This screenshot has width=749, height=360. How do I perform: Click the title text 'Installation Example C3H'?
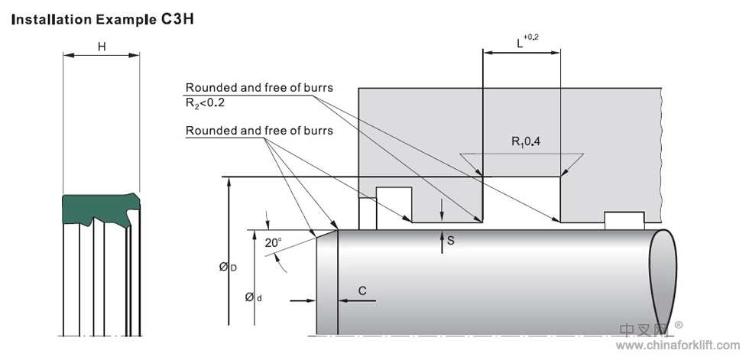point(102,18)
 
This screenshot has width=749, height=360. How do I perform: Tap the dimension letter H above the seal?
point(102,47)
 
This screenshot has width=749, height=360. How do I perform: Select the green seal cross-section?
point(99,209)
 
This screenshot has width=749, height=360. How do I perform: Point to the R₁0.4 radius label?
point(525,141)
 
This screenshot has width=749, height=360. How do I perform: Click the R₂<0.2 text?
point(206,102)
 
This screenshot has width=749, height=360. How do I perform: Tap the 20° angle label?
point(273,242)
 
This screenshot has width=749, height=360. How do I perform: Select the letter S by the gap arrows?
point(451,241)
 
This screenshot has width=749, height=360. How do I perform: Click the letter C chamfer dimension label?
point(362,290)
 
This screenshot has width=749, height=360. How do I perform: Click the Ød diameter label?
point(253,297)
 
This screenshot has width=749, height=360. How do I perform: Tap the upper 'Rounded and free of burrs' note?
point(259,88)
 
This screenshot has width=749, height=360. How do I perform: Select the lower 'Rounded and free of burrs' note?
point(259,131)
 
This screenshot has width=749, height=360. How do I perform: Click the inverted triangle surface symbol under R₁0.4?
point(522,163)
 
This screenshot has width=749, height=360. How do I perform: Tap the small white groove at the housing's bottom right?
point(624,219)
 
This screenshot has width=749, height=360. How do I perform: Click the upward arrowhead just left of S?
point(442,239)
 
